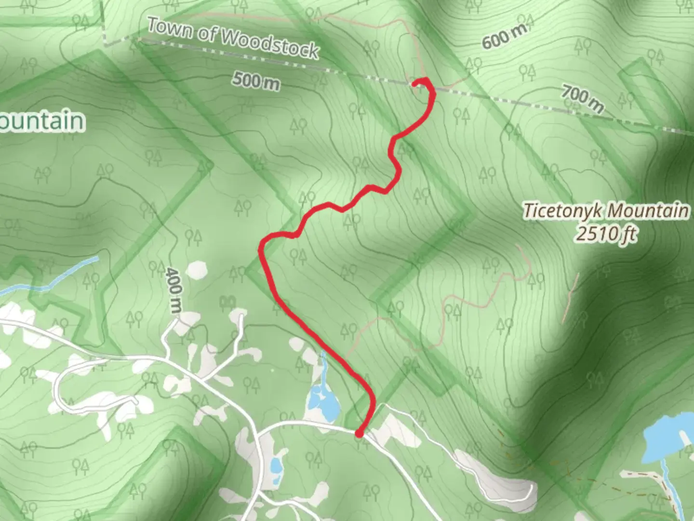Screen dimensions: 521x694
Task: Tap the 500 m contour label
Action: tap(256, 81)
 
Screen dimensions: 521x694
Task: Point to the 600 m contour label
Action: tap(504, 36)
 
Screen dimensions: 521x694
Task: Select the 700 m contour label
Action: tap(582, 98)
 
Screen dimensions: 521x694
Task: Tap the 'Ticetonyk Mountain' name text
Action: tap(606, 211)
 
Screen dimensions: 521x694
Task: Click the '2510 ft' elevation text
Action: tap(606, 234)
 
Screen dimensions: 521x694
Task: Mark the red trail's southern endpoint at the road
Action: tap(359, 434)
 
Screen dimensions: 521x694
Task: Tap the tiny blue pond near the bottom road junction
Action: tap(276, 466)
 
